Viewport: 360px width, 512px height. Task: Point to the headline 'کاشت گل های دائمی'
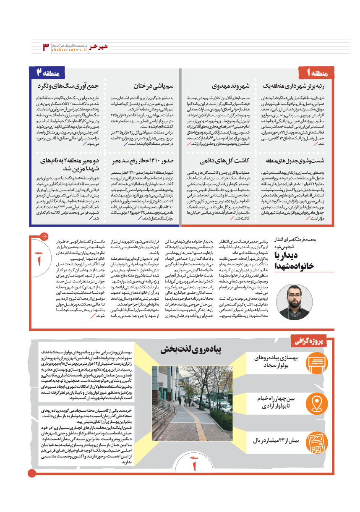[x=226, y=160]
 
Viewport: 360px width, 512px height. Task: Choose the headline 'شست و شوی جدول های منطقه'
[x=300, y=160]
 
